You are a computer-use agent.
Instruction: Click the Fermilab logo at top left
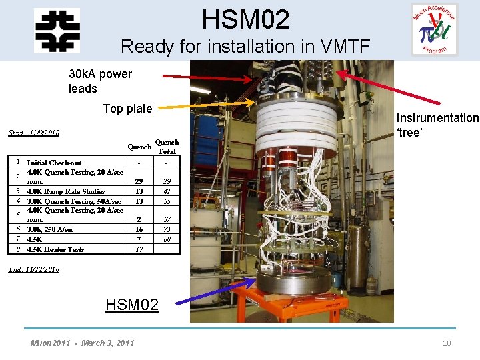(57, 30)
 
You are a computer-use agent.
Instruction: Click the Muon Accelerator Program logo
(434, 29)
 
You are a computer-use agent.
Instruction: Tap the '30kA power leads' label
(100, 81)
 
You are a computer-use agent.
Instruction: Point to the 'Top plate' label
(127, 109)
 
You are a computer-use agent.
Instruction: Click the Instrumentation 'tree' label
(437, 125)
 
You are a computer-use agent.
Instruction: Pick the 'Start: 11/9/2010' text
(34, 133)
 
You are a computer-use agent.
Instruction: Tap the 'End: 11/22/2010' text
(34, 269)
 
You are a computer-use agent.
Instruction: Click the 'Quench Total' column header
(167, 147)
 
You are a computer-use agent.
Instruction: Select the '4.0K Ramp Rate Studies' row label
(65, 191)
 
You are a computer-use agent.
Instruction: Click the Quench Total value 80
(167, 239)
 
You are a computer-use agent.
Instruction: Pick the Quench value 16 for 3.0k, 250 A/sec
(139, 229)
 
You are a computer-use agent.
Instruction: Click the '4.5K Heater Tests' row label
(55, 249)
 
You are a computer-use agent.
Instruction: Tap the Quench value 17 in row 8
(139, 249)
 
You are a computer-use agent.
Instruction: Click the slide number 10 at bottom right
(446, 343)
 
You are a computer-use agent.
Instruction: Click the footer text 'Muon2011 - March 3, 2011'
(82, 343)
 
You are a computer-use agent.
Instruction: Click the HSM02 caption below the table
(132, 305)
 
